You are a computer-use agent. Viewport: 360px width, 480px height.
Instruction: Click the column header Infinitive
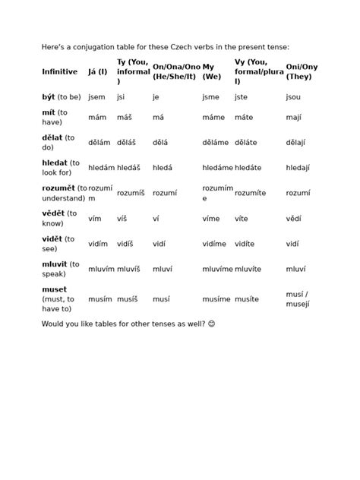click(60, 71)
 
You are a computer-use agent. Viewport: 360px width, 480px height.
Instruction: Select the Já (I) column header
click(97, 71)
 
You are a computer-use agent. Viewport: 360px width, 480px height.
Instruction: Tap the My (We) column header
click(212, 71)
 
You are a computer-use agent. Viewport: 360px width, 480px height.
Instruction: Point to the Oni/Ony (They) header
click(302, 71)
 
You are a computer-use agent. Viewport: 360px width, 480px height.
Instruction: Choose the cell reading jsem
click(96, 97)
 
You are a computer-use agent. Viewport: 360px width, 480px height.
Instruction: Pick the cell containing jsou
click(293, 97)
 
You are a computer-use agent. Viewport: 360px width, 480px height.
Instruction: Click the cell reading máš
click(125, 118)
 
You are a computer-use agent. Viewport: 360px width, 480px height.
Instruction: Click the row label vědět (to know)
click(59, 219)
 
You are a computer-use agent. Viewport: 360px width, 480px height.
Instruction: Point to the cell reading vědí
click(293, 219)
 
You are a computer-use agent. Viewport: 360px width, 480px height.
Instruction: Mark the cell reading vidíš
click(125, 244)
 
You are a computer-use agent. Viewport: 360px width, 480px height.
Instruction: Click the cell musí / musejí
click(298, 299)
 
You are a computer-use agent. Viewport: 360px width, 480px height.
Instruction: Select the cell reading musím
click(100, 300)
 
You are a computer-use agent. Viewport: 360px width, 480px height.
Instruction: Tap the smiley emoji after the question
click(211, 324)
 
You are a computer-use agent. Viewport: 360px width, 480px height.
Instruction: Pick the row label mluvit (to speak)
click(60, 269)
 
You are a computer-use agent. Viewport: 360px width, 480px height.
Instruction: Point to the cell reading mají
click(293, 118)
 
